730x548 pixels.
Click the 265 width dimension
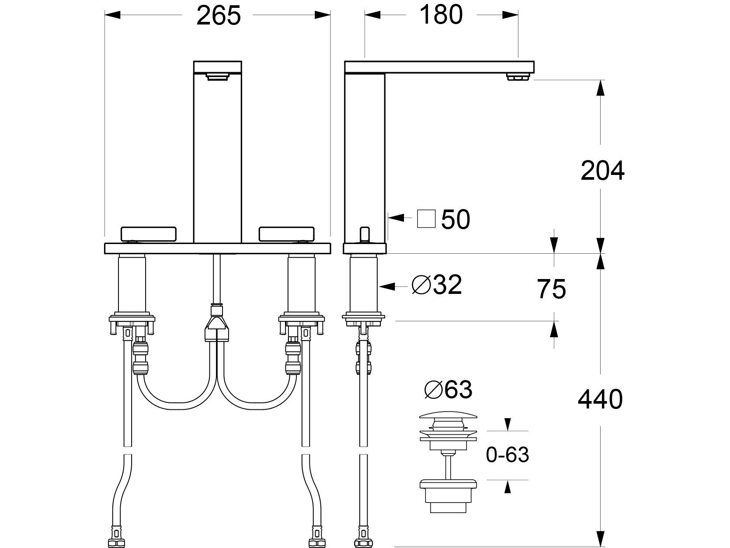[x=218, y=16]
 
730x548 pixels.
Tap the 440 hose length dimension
[x=600, y=399]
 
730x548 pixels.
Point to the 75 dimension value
[x=552, y=289]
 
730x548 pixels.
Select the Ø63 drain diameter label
[x=448, y=389]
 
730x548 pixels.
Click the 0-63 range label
[x=507, y=455]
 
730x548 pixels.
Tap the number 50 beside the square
[x=455, y=220]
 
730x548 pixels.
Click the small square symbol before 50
[x=426, y=219]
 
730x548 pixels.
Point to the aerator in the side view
[x=518, y=77]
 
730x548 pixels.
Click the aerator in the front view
[x=217, y=77]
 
